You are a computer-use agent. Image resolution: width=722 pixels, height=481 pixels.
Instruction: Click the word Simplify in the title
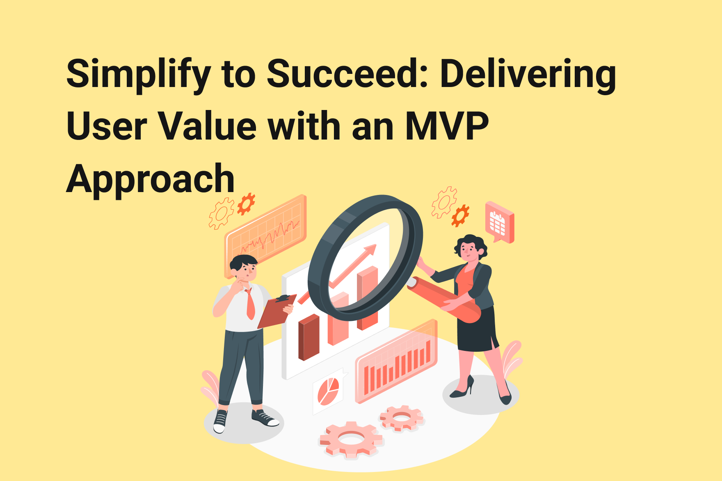pos(138,74)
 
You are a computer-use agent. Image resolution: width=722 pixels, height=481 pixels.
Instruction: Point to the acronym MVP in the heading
pos(447,126)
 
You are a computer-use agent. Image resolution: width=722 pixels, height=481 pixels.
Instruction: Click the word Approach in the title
pos(150,179)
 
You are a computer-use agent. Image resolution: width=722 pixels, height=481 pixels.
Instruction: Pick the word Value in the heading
pos(208,126)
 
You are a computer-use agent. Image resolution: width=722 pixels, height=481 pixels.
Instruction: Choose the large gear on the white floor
pos(351,440)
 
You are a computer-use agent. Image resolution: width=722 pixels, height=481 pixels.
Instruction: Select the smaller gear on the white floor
pos(401,417)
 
